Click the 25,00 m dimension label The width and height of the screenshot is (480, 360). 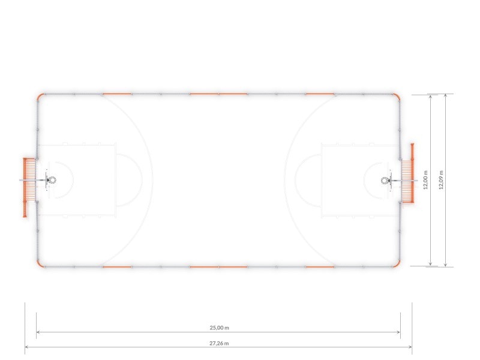219,328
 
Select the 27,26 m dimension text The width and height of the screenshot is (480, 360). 219,343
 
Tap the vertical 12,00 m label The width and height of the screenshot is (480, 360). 425,180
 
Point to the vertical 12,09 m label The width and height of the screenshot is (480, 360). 441,180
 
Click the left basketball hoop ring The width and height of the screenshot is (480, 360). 53,179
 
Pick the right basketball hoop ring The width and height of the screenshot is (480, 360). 385,181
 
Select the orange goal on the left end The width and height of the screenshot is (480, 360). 29,187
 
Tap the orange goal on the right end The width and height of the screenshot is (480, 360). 408,173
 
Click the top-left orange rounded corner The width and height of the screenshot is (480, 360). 40,97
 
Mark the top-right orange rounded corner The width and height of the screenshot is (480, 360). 397,97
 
